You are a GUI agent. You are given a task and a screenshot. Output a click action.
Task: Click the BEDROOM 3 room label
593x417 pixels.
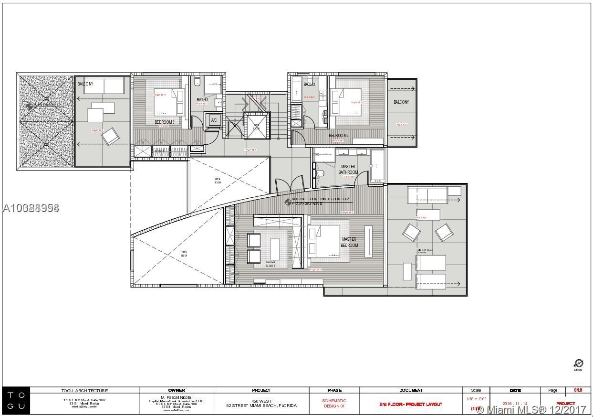[164, 122]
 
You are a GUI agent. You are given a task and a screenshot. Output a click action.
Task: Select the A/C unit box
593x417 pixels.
[214, 120]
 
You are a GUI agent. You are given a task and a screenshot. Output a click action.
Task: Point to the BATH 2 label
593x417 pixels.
[309, 85]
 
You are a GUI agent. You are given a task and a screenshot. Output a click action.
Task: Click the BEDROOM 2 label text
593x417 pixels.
[338, 136]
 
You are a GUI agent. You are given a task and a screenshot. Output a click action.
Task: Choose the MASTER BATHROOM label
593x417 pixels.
[348, 170]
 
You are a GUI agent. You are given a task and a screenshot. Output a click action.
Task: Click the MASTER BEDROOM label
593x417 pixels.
[349, 242]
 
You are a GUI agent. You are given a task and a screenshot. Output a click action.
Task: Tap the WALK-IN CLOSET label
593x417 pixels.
[270, 264]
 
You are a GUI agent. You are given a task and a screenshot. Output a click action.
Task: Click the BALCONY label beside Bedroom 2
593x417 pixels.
[401, 102]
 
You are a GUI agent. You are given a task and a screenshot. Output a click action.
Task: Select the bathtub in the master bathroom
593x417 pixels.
[377, 165]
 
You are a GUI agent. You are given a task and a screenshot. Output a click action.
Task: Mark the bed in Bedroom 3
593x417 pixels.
[167, 101]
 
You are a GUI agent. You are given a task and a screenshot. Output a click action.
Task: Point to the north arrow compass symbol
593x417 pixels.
[578, 364]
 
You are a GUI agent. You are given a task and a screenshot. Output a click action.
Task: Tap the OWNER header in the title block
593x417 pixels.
[176, 390]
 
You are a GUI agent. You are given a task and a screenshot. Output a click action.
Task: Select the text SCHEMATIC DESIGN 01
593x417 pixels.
[334, 404]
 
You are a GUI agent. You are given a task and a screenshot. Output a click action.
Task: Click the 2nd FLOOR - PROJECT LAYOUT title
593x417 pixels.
[410, 404]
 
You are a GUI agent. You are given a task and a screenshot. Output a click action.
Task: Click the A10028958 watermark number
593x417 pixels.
[31, 208]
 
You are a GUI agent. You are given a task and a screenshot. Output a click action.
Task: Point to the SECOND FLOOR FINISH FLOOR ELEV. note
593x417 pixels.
[324, 198]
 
